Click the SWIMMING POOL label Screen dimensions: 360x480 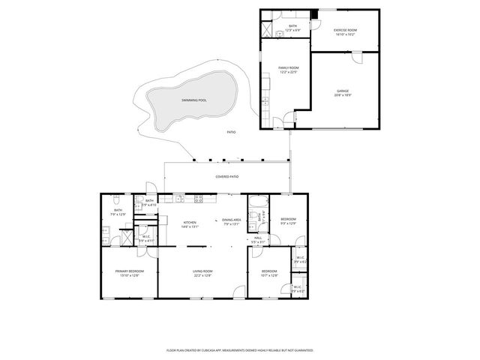194,100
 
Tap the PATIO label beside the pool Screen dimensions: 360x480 231,132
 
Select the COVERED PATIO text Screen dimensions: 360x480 227,176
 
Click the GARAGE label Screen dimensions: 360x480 343,91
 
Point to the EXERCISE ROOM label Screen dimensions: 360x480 345,30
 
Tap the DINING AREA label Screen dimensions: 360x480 232,220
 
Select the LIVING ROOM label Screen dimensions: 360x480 202,271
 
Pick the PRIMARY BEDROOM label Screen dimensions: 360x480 129,271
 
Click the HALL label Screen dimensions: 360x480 257,238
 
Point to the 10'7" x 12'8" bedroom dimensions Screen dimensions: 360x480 269,275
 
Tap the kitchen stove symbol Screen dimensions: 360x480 199,199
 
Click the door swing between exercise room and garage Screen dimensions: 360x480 359,58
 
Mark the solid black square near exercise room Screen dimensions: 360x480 315,14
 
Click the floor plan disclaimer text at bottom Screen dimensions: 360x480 239,349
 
